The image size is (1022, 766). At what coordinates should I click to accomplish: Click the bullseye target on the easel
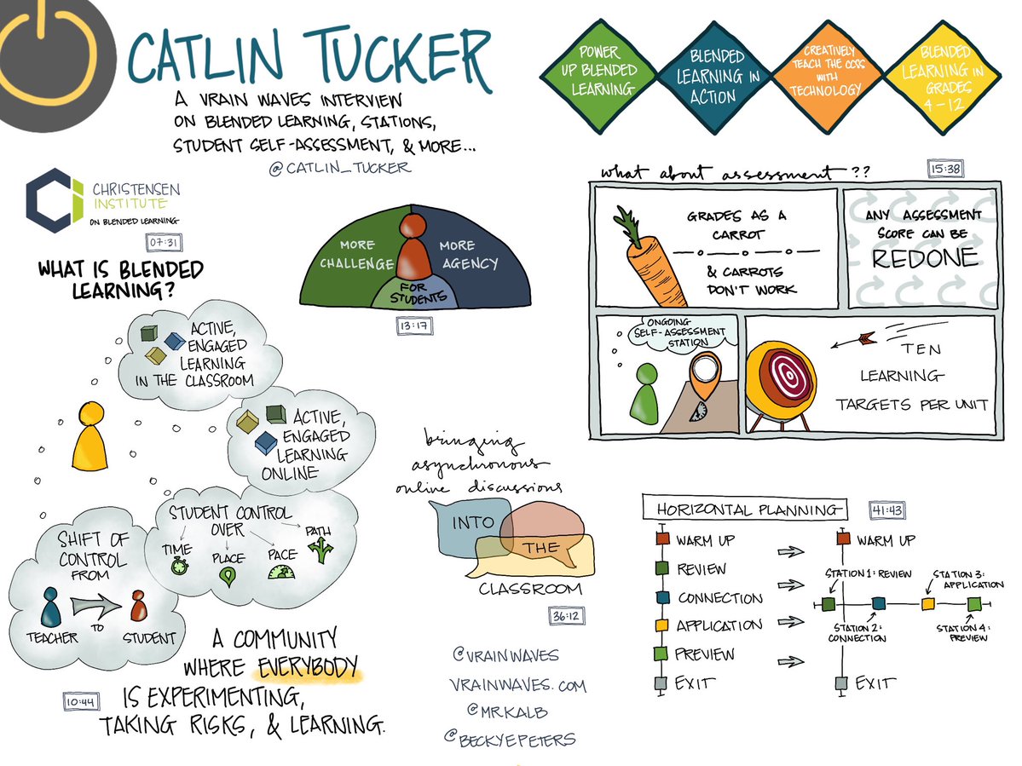click(x=782, y=377)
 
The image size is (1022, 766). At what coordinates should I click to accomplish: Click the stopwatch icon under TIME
click(x=179, y=567)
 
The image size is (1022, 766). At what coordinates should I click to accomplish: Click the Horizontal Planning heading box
click(x=743, y=510)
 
